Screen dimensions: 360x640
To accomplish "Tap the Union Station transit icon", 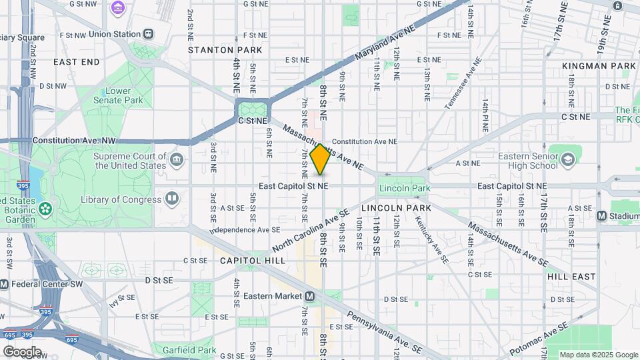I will [x=148, y=33].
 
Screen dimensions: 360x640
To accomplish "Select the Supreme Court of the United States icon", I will [x=177, y=160].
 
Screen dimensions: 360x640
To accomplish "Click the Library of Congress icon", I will [x=172, y=199].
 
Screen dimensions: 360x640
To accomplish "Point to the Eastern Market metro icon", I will [x=311, y=296].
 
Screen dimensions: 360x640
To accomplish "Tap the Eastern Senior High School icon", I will [x=567, y=159].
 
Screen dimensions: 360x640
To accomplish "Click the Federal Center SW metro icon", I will [x=5, y=284].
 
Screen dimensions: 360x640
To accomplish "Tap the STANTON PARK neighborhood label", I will [x=221, y=50].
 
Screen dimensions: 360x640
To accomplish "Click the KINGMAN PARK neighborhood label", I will [x=599, y=66].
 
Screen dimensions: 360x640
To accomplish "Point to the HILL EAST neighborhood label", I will [x=571, y=276].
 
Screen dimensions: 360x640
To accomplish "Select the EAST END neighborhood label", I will [x=76, y=62].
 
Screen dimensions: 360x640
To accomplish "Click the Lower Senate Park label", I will [x=123, y=95].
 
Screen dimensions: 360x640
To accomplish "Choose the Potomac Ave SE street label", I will [x=539, y=339].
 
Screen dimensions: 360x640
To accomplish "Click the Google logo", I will [x=22, y=351].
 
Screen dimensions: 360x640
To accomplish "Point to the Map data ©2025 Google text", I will [x=598, y=355].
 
